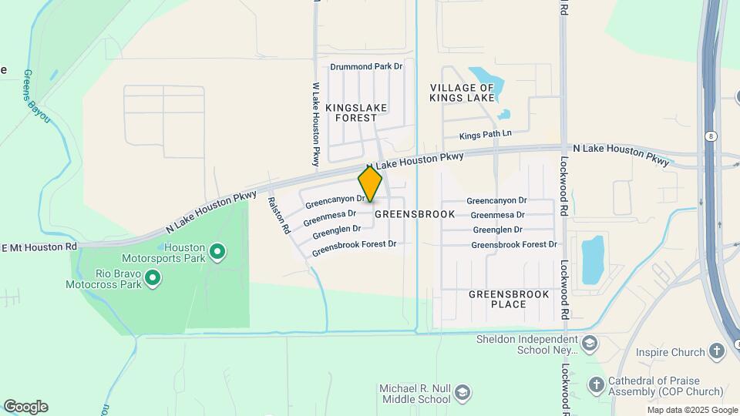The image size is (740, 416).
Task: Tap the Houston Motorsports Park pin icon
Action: (x=217, y=251)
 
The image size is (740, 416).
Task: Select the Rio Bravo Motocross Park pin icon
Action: (x=153, y=277)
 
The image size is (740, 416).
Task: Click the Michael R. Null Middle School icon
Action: (x=462, y=392)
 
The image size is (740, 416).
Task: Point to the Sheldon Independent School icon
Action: (x=590, y=343)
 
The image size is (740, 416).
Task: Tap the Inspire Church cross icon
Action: (x=717, y=352)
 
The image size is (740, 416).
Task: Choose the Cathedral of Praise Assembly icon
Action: (x=596, y=384)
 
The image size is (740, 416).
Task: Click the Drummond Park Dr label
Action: (x=367, y=67)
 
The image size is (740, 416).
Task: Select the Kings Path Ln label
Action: (x=486, y=135)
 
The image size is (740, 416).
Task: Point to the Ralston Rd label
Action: (x=277, y=214)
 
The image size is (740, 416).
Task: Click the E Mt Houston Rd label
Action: (x=39, y=247)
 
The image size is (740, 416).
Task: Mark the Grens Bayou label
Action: (x=36, y=97)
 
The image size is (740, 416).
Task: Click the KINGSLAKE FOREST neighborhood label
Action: (x=355, y=112)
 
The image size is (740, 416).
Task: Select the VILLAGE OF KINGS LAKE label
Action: (x=462, y=92)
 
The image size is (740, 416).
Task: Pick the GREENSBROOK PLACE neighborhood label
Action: (x=509, y=299)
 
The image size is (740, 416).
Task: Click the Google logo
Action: (x=25, y=407)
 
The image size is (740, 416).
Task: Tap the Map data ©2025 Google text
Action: (x=691, y=410)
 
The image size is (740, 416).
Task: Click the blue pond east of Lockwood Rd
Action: (x=592, y=260)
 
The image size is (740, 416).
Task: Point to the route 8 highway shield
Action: (x=709, y=136)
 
